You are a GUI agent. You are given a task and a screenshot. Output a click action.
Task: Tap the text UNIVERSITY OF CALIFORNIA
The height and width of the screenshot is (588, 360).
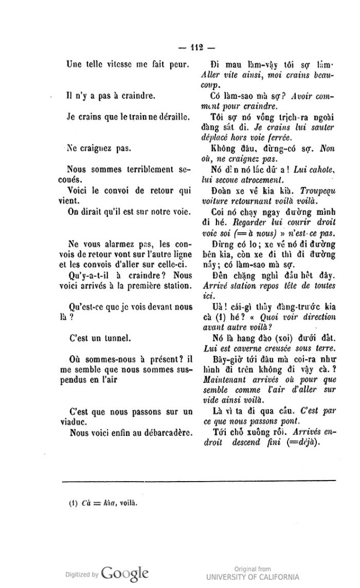[x=253, y=577]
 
